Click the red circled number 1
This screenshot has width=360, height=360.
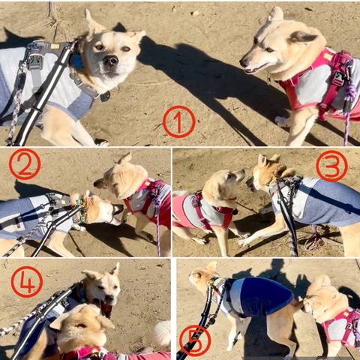tap(178, 121)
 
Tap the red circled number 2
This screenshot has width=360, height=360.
tap(25, 164)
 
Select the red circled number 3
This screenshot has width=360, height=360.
tap(331, 166)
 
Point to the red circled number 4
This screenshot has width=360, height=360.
tap(27, 282)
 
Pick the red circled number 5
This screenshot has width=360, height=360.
tap(195, 341)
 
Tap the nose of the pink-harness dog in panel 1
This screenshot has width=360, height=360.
tap(243, 62)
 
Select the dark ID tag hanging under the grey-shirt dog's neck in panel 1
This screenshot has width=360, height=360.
tap(105, 97)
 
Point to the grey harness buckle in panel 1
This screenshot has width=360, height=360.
tap(35, 62)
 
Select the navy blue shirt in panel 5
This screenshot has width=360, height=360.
tap(260, 296)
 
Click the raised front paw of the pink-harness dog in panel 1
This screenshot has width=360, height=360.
tap(282, 121)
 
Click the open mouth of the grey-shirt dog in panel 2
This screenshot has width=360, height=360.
tap(118, 209)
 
